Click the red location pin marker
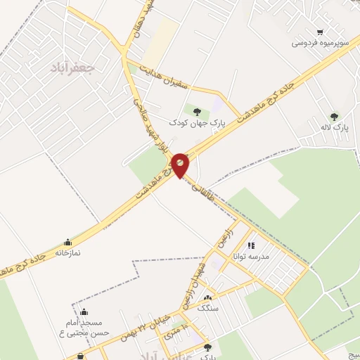[x=181, y=165]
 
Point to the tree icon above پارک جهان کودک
[x=195, y=110]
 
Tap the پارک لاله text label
[x=340, y=128]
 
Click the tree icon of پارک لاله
[x=333, y=117]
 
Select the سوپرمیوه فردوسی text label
[x=321, y=43]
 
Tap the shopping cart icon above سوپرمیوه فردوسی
[x=321, y=32]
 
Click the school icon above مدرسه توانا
[x=251, y=245]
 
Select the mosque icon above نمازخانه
[x=67, y=242]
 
